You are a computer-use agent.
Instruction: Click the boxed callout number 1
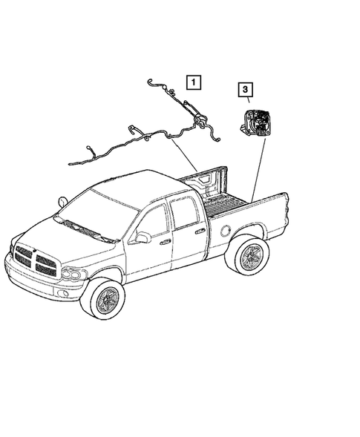tap(193, 82)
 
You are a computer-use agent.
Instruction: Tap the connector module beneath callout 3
tap(254, 121)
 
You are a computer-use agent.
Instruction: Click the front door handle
tap(165, 242)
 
